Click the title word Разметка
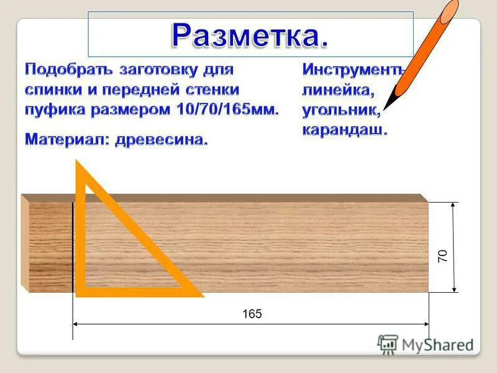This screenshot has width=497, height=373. tap(249, 35)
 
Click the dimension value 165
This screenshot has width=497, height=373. tap(252, 314)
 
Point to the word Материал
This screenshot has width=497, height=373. tap(65, 139)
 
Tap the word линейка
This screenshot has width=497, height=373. tap(338, 90)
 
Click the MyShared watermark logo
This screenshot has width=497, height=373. tap(426, 344)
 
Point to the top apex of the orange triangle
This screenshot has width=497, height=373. tap(77, 163)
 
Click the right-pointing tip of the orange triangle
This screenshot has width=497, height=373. tap(202, 293)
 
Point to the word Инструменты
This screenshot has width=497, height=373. tap(353, 69)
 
